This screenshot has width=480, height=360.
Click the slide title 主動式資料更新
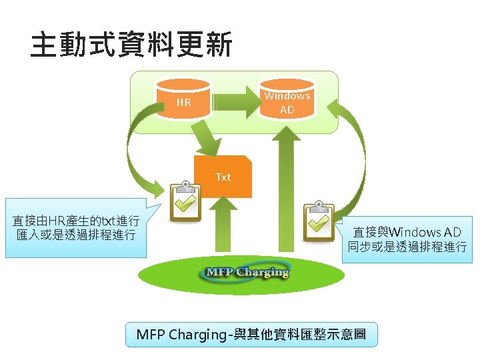pos(131,46)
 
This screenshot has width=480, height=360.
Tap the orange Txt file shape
pos(223,177)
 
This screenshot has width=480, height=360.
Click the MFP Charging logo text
pos(247,272)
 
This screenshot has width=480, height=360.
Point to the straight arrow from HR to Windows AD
pos(233,102)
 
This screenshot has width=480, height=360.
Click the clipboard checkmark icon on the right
pos(319,221)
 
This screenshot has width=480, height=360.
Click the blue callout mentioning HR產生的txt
pos(75,227)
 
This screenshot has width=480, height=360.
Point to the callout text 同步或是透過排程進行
pos(407,247)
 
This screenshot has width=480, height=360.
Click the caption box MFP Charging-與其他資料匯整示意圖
pos(251,334)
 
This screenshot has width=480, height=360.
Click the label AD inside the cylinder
pos(287,109)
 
